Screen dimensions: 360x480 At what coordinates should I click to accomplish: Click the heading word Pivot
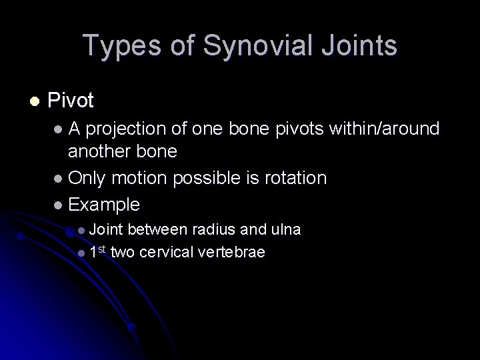click(x=71, y=101)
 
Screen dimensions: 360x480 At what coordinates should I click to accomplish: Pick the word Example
click(x=104, y=203)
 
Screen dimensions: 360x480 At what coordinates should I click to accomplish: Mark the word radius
click(x=213, y=230)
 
